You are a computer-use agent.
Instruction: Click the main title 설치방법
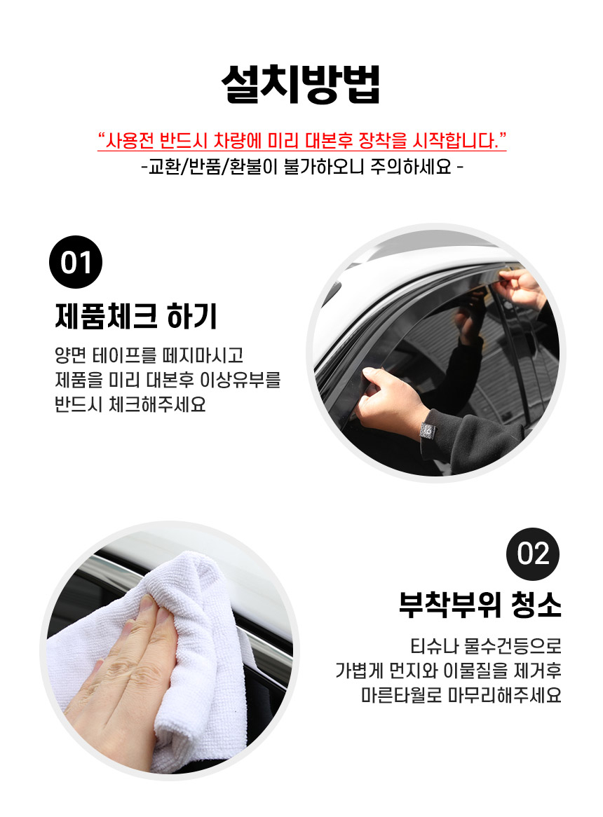tap(301, 84)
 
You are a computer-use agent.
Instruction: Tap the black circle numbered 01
tap(76, 262)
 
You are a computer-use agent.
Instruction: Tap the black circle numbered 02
tap(533, 554)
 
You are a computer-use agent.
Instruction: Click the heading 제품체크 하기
tap(136, 316)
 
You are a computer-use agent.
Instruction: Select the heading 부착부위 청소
tap(480, 605)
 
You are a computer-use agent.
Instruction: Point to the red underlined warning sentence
tap(301, 141)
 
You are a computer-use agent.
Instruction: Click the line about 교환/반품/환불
tap(301, 167)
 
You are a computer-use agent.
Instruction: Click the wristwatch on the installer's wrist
tap(427, 431)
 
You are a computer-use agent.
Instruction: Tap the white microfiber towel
tap(172, 652)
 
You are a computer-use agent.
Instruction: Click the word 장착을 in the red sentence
tap(383, 141)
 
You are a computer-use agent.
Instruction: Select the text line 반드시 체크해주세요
tap(130, 404)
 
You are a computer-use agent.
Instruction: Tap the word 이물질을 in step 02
tap(475, 671)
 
